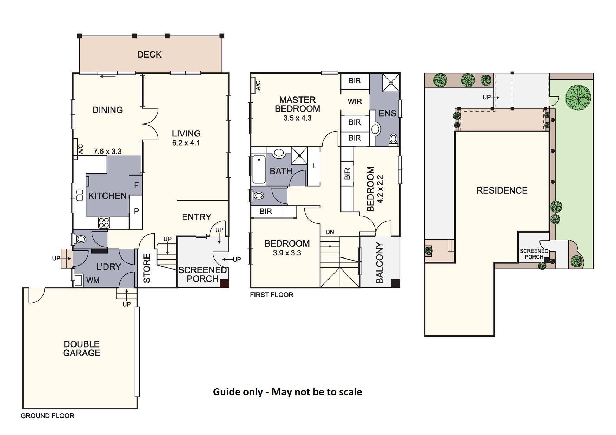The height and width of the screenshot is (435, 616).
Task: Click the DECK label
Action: click(150, 54)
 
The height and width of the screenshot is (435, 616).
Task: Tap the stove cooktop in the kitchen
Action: click(104, 222)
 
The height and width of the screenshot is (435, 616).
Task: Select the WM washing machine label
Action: click(93, 280)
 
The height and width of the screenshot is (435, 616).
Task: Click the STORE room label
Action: click(147, 268)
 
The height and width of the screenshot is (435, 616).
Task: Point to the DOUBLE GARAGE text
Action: click(82, 349)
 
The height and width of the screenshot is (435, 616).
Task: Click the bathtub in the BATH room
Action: click(259, 170)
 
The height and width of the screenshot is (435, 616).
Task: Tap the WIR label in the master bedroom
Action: click(355, 102)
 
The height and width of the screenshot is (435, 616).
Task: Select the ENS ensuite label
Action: click(388, 113)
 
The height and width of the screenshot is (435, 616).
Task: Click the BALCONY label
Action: click(379, 263)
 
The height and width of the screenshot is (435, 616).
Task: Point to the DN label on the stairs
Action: click(330, 232)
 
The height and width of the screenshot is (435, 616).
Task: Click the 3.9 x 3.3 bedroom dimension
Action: click(287, 253)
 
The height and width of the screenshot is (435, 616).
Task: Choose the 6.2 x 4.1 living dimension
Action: click(186, 143)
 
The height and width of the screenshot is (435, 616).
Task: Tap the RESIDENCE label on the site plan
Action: click(502, 190)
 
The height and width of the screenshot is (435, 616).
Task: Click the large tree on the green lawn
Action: click(578, 98)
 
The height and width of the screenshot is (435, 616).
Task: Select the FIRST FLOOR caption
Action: click(272, 295)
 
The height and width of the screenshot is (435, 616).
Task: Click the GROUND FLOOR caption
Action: click(47, 416)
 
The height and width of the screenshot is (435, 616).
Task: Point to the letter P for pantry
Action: click(137, 211)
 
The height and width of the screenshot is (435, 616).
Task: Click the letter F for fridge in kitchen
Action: click(137, 185)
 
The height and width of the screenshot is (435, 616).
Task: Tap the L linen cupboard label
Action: click(314, 166)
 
